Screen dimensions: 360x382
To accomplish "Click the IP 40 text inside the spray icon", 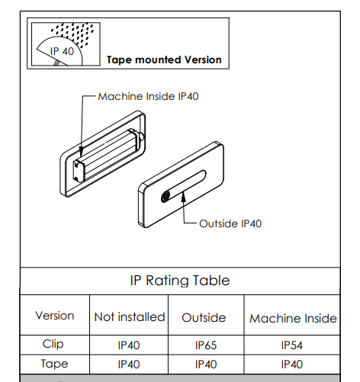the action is [x=62, y=51].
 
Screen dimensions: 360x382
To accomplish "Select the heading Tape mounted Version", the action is [x=164, y=59].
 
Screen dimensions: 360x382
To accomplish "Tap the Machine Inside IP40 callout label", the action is [x=148, y=96].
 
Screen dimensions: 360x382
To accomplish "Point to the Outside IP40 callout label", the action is [x=230, y=223].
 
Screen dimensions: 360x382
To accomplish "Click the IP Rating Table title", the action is [x=180, y=281].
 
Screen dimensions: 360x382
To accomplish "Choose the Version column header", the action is [x=55, y=316].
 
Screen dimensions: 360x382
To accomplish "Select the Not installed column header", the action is [x=130, y=317].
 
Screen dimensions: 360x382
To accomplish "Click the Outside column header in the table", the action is [x=204, y=318].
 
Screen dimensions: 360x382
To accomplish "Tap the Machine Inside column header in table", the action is [x=293, y=319].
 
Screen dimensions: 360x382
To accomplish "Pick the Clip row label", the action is [x=53, y=344].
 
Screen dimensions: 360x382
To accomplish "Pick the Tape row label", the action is [x=55, y=364].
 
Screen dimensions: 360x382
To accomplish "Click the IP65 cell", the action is [x=206, y=345].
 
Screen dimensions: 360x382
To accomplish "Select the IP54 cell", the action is [x=292, y=345].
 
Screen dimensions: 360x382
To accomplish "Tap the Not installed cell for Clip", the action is [x=129, y=345].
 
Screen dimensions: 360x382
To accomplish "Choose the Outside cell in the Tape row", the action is [x=206, y=364].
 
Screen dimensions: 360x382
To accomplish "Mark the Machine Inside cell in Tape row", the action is [x=292, y=364].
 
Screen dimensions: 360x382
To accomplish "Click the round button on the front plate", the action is [x=166, y=197].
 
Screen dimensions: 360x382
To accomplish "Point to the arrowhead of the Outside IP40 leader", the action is [x=183, y=197].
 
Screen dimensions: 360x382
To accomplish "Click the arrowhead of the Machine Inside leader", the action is [x=81, y=152].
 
